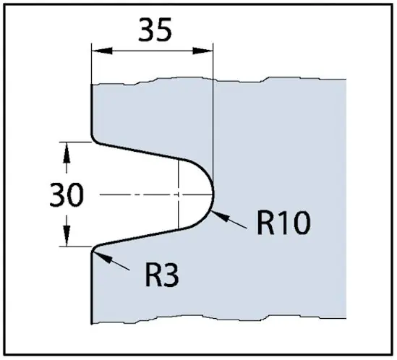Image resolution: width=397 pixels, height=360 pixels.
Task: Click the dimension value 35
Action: (155, 30)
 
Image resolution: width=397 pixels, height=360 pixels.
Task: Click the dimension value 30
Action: (67, 194)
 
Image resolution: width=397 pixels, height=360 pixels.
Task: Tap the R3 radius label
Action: (162, 275)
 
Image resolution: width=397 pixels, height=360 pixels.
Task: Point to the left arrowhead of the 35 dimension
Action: (102, 51)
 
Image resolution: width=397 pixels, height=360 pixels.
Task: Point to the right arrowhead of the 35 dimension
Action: (202, 51)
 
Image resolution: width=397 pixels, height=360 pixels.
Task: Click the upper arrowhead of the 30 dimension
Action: (67, 153)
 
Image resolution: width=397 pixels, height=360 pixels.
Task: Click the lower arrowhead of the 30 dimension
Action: (67, 236)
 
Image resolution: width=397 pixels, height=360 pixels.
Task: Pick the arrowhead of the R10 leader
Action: (219, 216)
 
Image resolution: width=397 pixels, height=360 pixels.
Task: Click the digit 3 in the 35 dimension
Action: (146, 30)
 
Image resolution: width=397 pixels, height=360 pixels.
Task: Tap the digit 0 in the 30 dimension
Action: (75, 194)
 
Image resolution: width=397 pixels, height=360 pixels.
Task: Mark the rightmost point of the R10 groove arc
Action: (214, 194)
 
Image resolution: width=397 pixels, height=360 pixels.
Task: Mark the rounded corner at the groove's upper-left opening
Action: (93, 140)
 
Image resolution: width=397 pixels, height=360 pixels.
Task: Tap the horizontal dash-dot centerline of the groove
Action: (156, 194)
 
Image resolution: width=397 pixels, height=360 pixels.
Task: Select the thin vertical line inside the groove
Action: (179, 194)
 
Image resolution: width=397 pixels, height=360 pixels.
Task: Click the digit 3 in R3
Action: (171, 275)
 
